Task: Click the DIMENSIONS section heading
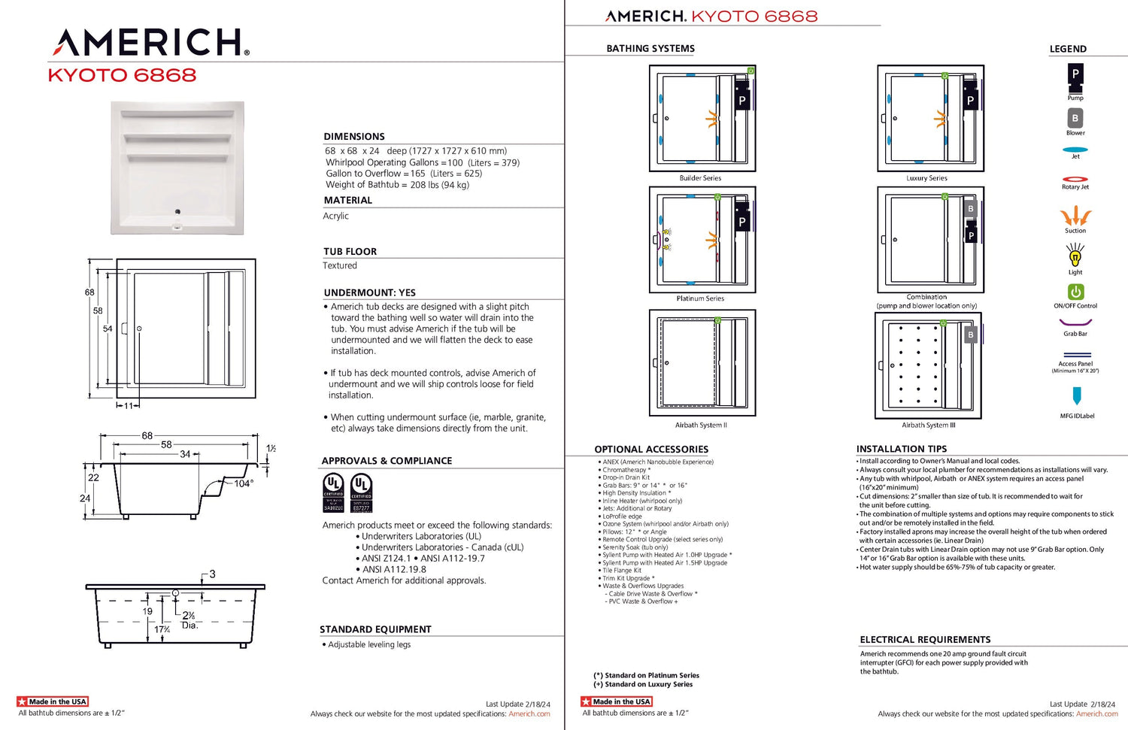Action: tap(354, 137)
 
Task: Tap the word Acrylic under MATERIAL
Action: tap(336, 217)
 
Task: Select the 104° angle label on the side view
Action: tap(243, 483)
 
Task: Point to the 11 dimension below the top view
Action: tap(129, 406)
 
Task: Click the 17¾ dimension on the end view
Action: tap(162, 629)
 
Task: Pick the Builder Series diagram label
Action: tap(700, 178)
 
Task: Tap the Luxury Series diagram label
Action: tap(926, 178)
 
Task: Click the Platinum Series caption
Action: tap(700, 298)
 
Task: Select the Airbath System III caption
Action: tap(929, 426)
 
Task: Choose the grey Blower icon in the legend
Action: tap(1075, 118)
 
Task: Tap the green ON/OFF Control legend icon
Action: tap(1075, 292)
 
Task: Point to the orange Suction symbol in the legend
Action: tap(1075, 217)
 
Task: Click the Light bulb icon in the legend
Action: tap(1075, 257)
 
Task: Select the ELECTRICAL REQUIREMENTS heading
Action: tap(925, 640)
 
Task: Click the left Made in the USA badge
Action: tap(53, 701)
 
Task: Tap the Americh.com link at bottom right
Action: tap(1096, 714)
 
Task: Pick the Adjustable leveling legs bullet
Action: tap(369, 645)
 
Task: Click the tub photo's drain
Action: tap(177, 211)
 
